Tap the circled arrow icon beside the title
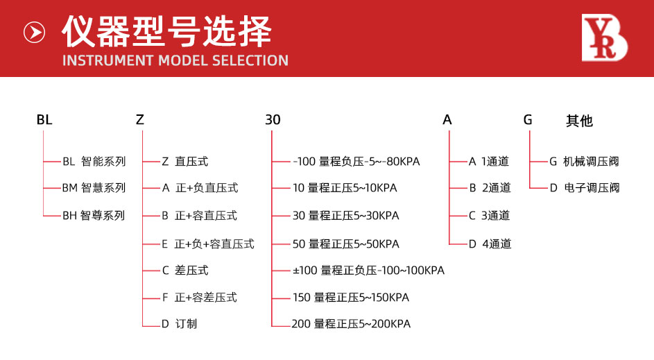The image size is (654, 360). pos(34,32)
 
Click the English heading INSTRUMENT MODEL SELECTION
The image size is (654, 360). pos(175,60)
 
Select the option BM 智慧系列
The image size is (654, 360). pos(94,188)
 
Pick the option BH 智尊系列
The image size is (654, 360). pos(94,216)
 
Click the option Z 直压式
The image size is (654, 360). pos(184,162)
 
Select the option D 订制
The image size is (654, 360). pos(179,324)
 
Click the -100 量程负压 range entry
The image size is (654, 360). pos(356,162)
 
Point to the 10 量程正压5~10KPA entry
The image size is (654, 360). pos(345,188)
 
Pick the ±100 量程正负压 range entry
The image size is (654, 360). pos(368,271)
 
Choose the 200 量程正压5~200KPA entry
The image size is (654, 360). pos(351,324)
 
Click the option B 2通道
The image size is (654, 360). pos(490,188)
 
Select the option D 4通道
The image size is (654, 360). pos(490,244)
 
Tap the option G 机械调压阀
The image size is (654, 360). pos(584,162)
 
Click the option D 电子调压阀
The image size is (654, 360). pos(584,188)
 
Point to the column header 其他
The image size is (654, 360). pos(579,121)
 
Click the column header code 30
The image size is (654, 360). pos(273,120)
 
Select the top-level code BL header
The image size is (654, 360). pos(44,120)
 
